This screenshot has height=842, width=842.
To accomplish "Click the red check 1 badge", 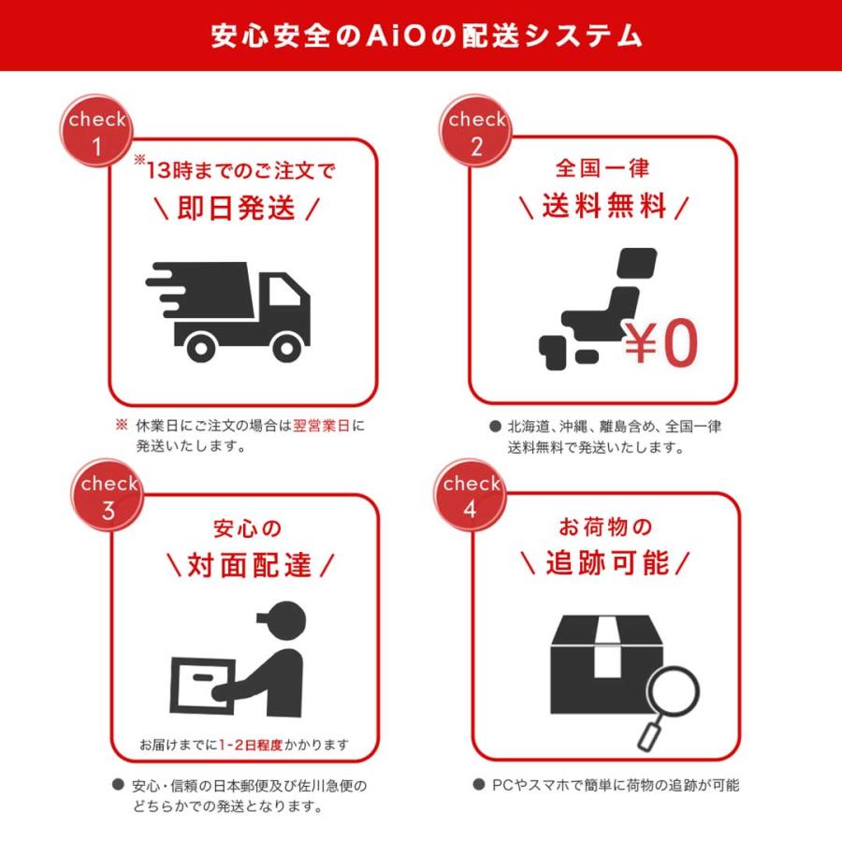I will pos(96,132).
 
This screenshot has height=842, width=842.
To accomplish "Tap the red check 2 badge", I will pos(476,132).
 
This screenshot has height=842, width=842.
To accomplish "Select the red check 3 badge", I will pos(109,497).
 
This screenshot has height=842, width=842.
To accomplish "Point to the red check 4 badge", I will pos(472,497).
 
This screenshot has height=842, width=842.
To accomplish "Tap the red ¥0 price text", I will pos(661,342).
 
